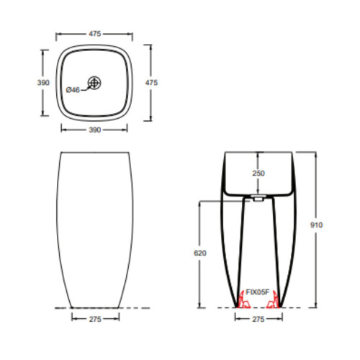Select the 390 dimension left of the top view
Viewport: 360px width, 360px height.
pos(42,83)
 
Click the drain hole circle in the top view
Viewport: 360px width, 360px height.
pos(94,84)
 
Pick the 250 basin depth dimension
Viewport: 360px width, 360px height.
pos(258,174)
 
